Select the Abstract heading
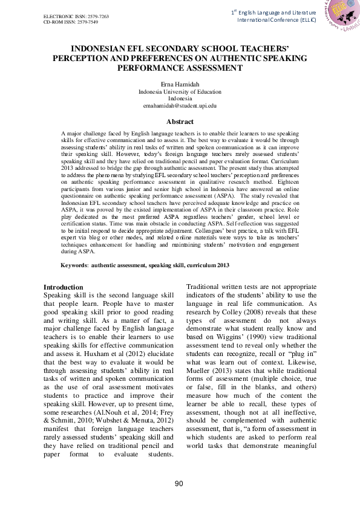[x=180, y=122]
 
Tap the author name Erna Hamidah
[x=180, y=84]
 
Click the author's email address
[x=180, y=105]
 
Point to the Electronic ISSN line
[x=76, y=15]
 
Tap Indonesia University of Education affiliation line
[x=180, y=91]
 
